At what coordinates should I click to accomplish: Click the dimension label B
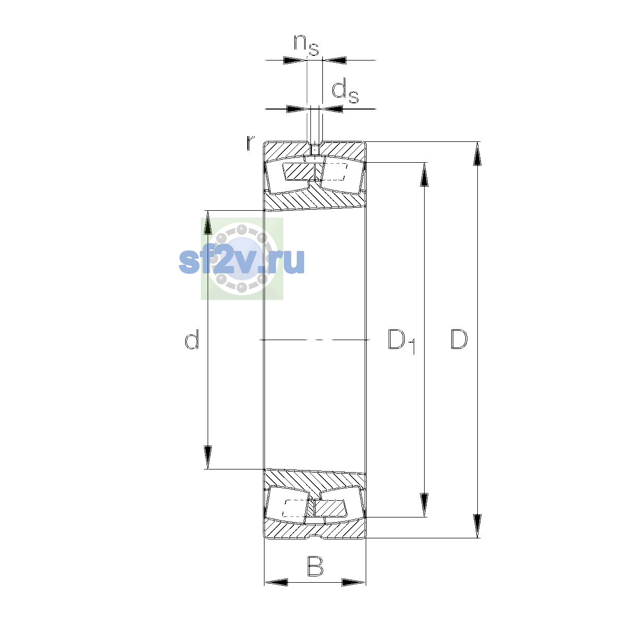315,566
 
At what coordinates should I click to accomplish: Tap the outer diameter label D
459,340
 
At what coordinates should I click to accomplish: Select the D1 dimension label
402,341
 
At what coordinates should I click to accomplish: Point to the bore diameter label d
192,339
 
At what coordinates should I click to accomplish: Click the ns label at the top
306,45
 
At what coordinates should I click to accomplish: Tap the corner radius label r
250,142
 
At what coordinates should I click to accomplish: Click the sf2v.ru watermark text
242,261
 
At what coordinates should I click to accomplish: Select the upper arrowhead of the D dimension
477,154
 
